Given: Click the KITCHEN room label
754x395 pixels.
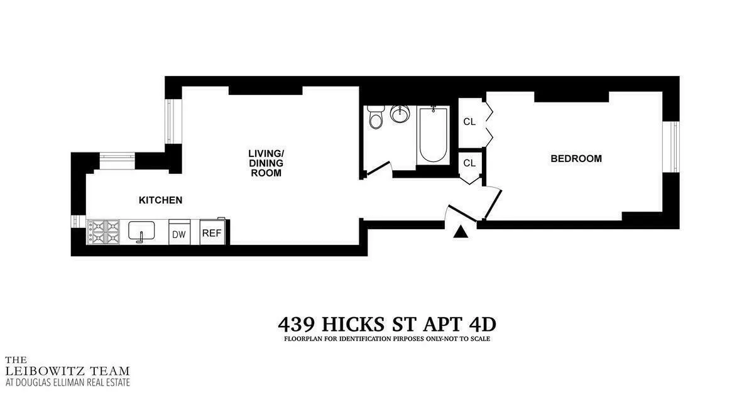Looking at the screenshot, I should [160, 200].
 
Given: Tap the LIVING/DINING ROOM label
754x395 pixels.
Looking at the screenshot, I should [266, 163].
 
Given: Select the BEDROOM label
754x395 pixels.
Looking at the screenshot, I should [576, 159].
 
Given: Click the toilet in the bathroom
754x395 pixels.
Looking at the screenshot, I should [376, 117].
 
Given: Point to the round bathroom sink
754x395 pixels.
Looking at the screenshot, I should [400, 115].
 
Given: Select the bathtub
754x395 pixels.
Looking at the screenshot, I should [432, 135].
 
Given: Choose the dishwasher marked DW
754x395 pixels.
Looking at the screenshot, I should [179, 234].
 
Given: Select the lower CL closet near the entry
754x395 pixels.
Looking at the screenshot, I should [469, 163].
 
